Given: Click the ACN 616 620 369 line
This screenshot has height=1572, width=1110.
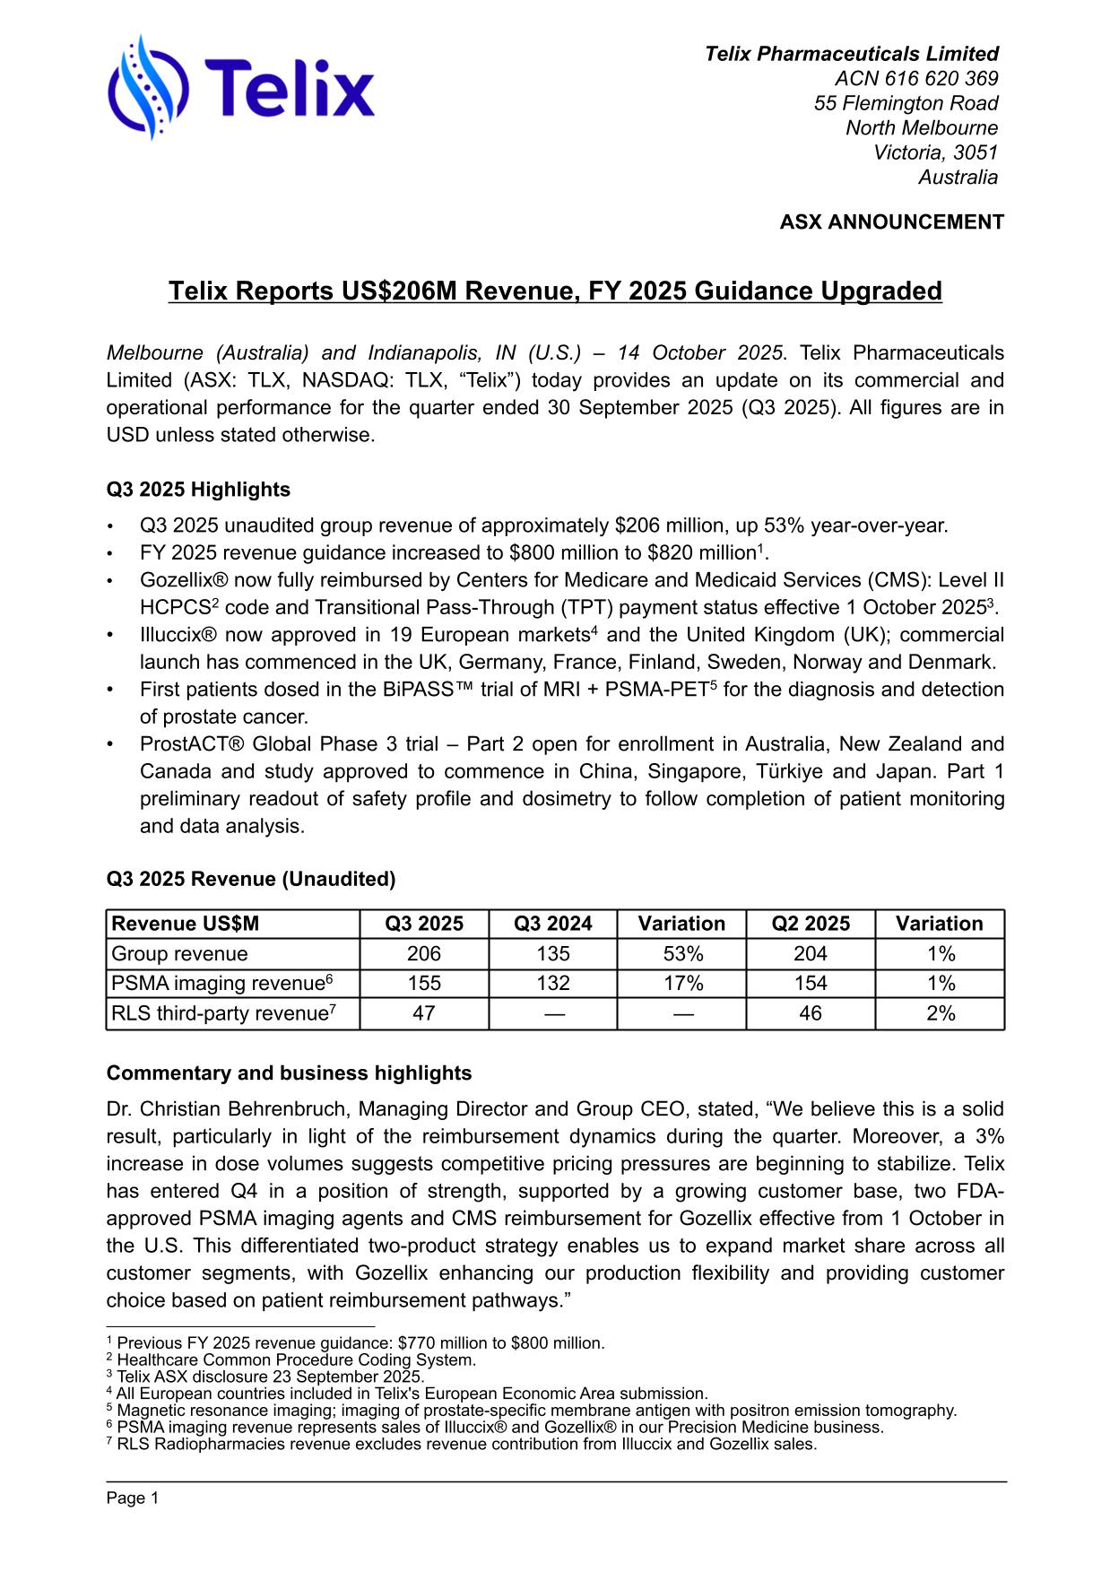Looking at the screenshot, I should [915, 79].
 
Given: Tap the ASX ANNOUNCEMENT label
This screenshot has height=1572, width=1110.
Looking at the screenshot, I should [891, 221].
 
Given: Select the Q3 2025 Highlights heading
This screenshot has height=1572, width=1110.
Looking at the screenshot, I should [198, 490].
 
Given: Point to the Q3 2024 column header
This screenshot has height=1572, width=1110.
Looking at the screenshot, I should [552, 924].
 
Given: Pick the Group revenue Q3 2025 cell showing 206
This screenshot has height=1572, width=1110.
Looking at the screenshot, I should [423, 953].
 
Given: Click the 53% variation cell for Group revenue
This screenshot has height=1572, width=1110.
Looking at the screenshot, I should [681, 953].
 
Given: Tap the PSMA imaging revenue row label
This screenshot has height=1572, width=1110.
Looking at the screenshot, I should [221, 984].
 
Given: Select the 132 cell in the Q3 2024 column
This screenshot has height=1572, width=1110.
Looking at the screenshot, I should [552, 984].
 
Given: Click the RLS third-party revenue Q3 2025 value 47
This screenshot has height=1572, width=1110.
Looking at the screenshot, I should [423, 1013].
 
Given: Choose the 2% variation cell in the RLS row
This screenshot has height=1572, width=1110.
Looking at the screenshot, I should [940, 1013].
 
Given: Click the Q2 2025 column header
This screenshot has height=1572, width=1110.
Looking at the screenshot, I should [810, 924].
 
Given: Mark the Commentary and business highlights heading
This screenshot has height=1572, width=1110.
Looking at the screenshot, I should [289, 1073].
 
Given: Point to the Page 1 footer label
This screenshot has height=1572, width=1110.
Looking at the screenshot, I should [132, 1498].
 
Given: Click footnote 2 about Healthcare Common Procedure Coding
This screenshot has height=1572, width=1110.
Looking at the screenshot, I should [296, 1359].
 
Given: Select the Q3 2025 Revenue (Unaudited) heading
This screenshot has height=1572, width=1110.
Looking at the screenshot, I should [251, 879].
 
